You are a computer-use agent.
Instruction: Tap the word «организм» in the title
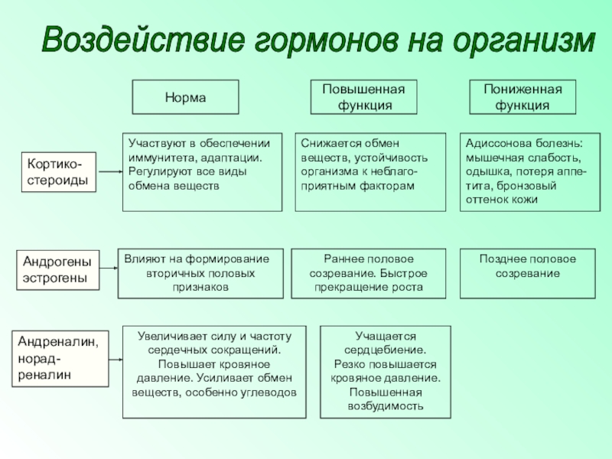521,40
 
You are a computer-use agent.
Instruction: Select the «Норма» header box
186,97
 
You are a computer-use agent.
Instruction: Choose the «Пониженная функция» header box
522,97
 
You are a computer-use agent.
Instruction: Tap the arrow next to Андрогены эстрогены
109,270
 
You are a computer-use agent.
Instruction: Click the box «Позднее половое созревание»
527,273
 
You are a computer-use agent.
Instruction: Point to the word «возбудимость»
385,406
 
